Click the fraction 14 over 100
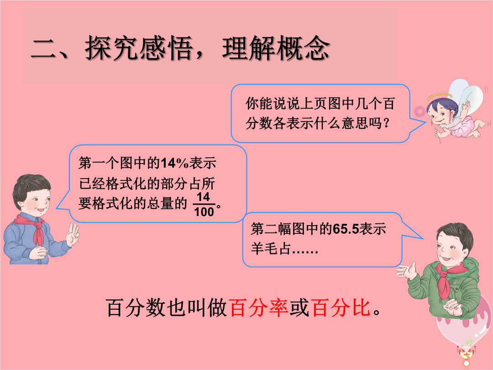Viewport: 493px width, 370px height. coord(204,205)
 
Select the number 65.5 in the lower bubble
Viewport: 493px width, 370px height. coord(346,229)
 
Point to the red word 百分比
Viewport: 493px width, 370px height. coord(341,307)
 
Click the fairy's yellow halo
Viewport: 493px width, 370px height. coord(440,96)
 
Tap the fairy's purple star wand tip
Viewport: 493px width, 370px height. coord(420,111)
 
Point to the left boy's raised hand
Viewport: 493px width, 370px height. coord(73,234)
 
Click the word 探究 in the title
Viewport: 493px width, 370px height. coord(112,48)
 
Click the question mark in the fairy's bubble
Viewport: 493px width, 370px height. coord(387,123)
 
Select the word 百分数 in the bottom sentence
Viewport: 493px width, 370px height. coord(135,307)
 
